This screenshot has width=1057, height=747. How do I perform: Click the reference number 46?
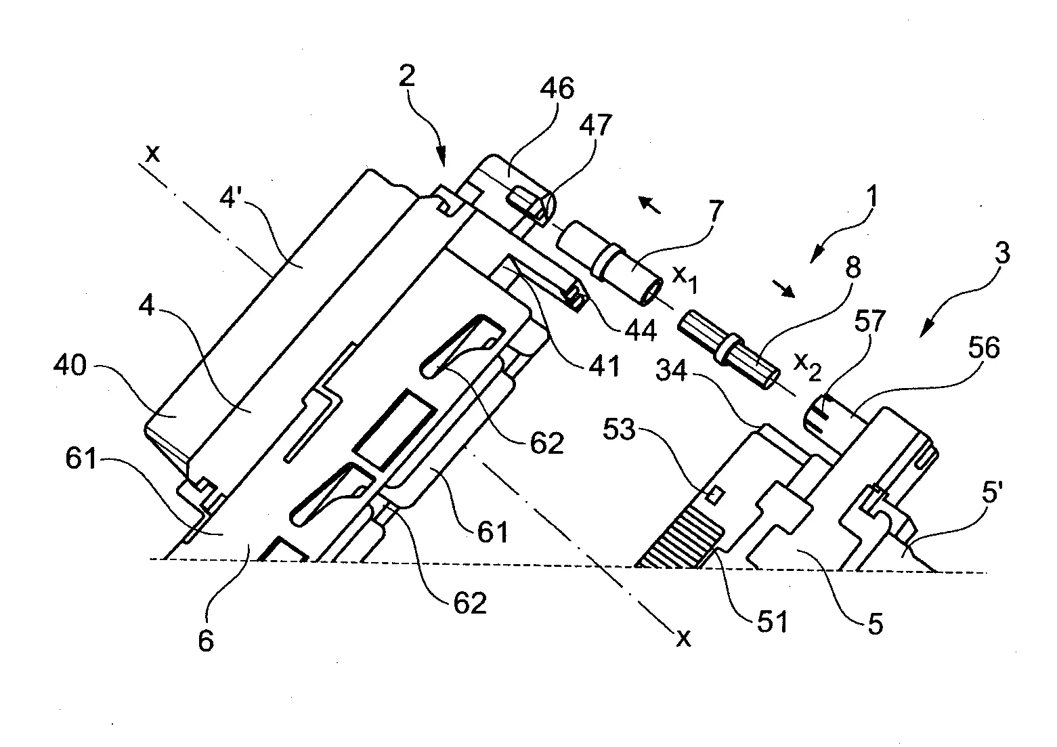[557, 89]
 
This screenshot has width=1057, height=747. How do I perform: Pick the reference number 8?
[853, 269]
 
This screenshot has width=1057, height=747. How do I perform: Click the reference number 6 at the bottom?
[206, 639]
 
